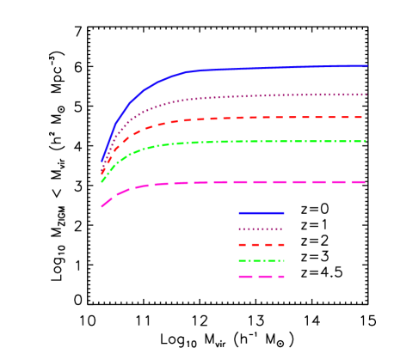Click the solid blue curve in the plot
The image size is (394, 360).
point(258,68)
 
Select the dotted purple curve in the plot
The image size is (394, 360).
point(258,95)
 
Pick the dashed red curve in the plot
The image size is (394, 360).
point(258,117)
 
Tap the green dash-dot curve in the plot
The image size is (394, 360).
point(258,141)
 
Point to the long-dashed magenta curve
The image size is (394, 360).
point(258,182)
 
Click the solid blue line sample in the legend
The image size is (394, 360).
point(262,212)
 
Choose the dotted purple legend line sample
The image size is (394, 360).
point(262,229)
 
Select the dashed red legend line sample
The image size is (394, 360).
point(262,245)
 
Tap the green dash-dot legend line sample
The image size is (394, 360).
point(262,260)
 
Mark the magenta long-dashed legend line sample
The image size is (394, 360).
point(262,277)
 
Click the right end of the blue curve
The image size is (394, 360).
point(367,65)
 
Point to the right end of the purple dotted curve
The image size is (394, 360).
point(367,95)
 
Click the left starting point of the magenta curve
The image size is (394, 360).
point(102,206)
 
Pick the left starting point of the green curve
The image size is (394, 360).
point(102,181)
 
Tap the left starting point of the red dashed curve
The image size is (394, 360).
point(102,174)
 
